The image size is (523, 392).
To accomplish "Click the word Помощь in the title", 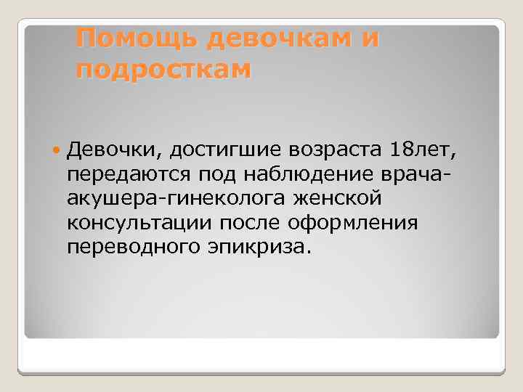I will click(x=137, y=38).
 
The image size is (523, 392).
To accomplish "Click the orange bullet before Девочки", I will click(x=58, y=150).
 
